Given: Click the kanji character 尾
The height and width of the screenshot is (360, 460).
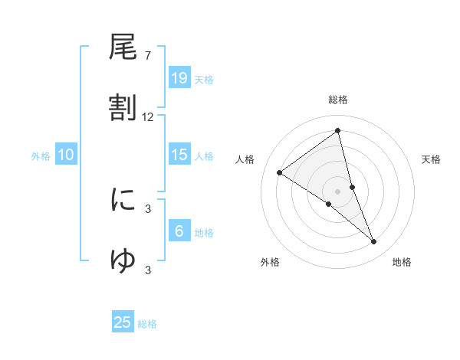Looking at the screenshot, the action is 123,48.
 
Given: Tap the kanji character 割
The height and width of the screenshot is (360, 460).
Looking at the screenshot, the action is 123,108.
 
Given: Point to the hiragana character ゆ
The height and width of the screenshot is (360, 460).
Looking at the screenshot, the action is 123,260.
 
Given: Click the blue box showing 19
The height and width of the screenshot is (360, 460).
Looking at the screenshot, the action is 179,77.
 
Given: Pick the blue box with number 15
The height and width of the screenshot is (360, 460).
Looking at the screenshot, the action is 179,155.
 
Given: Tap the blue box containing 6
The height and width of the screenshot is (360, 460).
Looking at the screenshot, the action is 179,231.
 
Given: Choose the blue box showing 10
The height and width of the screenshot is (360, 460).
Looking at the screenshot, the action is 66,155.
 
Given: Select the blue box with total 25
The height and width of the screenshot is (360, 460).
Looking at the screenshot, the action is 123,322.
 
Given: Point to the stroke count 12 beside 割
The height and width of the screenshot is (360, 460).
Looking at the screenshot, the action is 148,117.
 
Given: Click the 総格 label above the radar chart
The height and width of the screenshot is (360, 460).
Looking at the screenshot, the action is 338,100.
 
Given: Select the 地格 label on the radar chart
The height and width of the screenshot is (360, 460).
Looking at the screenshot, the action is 402,262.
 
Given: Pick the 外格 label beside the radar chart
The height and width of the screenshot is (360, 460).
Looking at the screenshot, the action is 270,262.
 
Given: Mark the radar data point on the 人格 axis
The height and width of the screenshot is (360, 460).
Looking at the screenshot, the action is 280,172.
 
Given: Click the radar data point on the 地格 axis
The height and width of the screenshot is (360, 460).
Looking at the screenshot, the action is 374,242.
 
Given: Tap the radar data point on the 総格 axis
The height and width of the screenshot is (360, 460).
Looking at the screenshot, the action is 338,131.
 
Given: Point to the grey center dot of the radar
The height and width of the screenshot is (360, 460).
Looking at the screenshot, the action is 338,191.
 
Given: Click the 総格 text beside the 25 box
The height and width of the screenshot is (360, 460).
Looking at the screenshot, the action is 147,324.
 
